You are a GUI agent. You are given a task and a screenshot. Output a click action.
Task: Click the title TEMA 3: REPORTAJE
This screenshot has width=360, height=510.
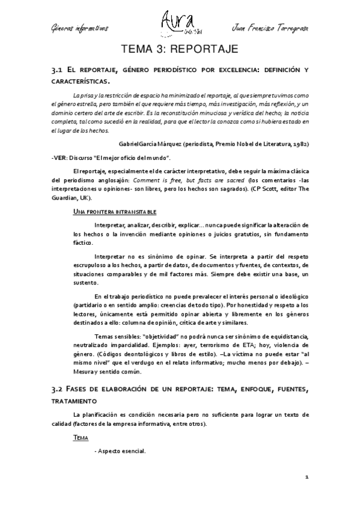click(x=180, y=48)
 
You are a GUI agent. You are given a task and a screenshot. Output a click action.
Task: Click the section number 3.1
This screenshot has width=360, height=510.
click(x=58, y=71)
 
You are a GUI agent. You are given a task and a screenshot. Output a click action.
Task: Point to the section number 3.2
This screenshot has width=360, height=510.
click(x=58, y=390)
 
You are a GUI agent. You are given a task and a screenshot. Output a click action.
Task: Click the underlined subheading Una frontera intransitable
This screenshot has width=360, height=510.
click(x=114, y=212)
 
